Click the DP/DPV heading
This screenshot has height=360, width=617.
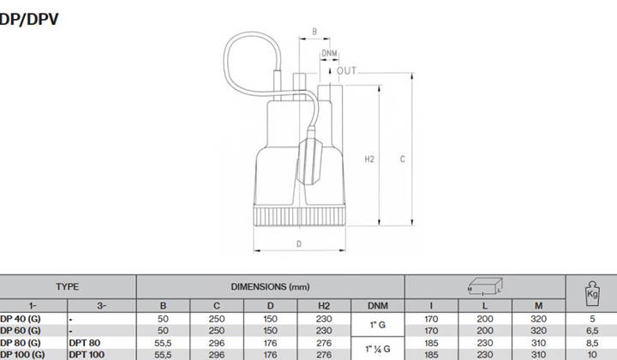click(29, 19)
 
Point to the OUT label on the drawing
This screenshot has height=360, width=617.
click(347, 71)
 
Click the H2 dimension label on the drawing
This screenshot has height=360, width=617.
click(369, 159)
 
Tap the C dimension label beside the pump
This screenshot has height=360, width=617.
click(402, 159)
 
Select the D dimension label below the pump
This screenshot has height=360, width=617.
click(299, 244)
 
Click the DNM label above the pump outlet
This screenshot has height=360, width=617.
click(329, 53)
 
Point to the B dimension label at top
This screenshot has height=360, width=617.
click(314, 32)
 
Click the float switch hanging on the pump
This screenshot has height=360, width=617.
click(311, 155)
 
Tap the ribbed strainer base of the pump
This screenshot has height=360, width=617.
click(299, 216)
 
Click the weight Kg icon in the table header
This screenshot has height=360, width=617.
click(592, 293)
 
